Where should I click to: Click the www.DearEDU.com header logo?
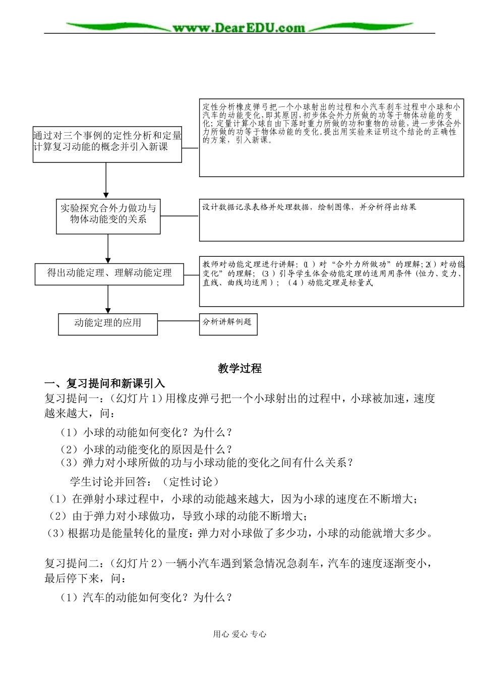pos(239,28)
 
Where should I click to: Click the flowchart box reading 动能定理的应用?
pos(108,323)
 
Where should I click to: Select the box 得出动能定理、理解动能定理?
pos(109,273)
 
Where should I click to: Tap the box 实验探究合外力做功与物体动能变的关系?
pos(108,215)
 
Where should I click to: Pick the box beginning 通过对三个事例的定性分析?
pos(107,144)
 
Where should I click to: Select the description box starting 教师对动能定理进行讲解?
pos(331,284)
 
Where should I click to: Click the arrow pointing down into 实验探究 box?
pos(106,187)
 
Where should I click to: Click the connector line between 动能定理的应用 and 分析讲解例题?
pos(178,320)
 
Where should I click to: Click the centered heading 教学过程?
pos(239,369)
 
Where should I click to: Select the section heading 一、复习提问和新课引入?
pos(105,383)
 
